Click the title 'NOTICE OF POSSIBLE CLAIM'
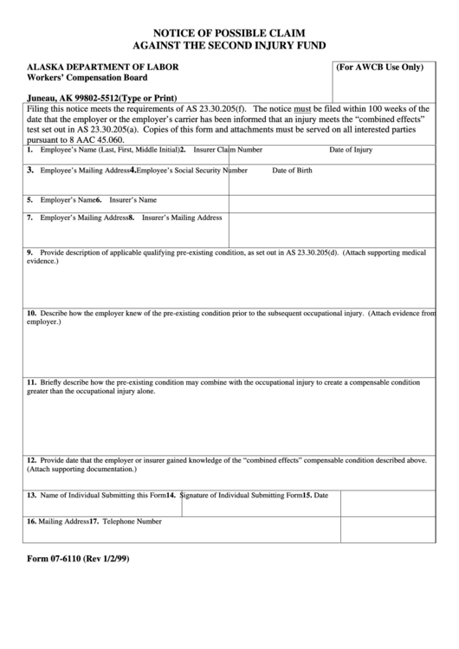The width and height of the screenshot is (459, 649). click(x=229, y=30)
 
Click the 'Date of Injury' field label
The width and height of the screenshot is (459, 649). click(x=351, y=150)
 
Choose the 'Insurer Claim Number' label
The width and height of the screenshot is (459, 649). click(x=229, y=150)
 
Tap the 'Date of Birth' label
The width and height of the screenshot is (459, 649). click(x=293, y=171)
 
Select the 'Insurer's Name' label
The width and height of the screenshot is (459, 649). click(x=133, y=200)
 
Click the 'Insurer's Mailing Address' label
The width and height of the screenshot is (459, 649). click(x=182, y=217)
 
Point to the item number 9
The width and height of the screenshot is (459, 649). click(x=30, y=252)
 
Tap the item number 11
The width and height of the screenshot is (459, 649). click(x=31, y=381)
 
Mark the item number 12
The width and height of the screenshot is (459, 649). click(x=31, y=460)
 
